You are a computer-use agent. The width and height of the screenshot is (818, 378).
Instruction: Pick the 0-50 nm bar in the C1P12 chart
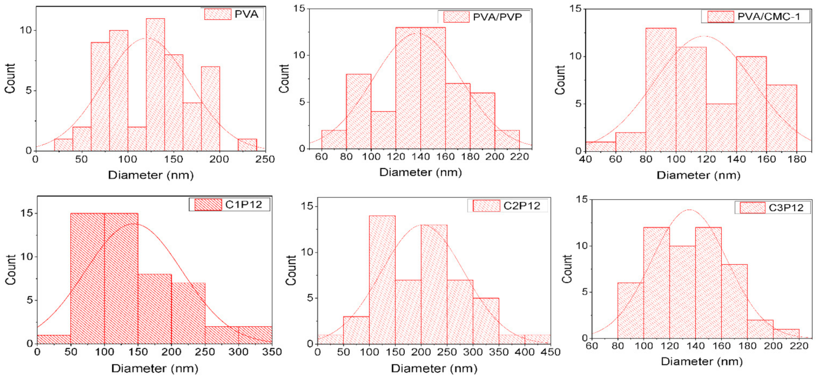click(x=53, y=339)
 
